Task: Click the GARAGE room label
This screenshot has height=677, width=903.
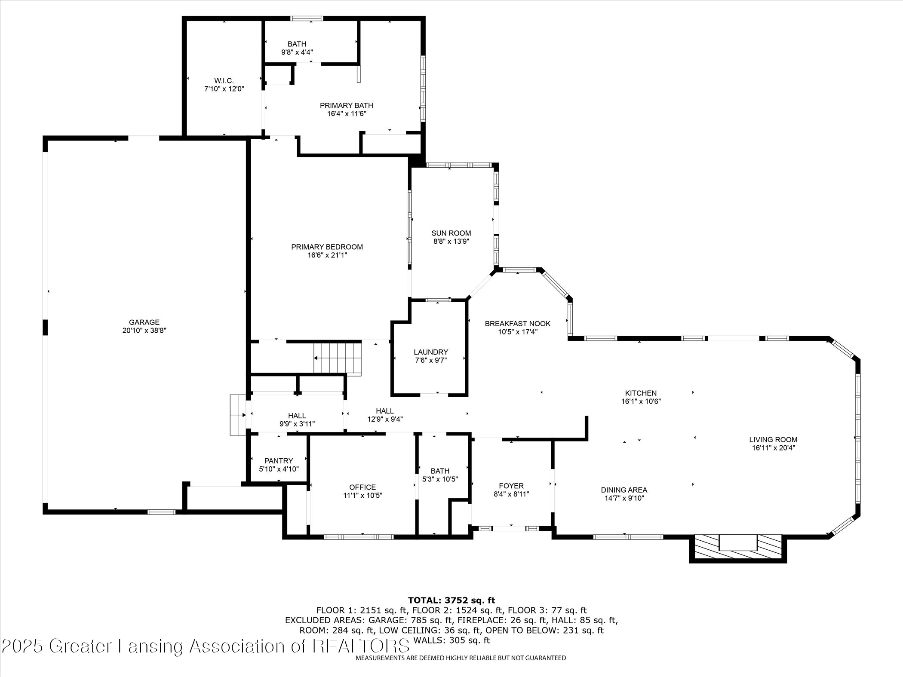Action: point(144,322)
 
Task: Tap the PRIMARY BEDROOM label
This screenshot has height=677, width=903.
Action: point(327,247)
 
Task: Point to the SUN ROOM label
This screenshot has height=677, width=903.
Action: point(451,233)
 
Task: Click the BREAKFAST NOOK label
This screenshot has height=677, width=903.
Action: point(517,323)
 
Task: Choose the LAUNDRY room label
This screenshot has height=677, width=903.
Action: point(431,352)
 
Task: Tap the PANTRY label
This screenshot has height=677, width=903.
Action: point(279,460)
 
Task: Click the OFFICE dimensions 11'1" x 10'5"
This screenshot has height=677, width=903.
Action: point(362,495)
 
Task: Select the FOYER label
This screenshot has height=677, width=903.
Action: point(511,486)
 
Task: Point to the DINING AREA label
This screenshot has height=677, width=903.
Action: point(624,490)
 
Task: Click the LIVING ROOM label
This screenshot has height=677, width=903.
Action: point(773,439)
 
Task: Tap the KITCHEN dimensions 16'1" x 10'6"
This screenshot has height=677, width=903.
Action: point(641,401)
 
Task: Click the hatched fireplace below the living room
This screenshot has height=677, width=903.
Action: point(737,548)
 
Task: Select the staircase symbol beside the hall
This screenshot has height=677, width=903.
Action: point(338,358)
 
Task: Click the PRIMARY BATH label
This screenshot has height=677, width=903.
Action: point(346,105)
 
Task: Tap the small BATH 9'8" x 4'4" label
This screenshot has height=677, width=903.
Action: point(297,44)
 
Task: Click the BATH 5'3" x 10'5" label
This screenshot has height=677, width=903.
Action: point(440,471)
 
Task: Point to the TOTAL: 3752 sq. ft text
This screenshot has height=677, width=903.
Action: point(451,600)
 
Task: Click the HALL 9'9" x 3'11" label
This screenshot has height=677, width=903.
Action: point(297,416)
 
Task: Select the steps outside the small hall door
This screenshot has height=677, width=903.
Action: point(237,415)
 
